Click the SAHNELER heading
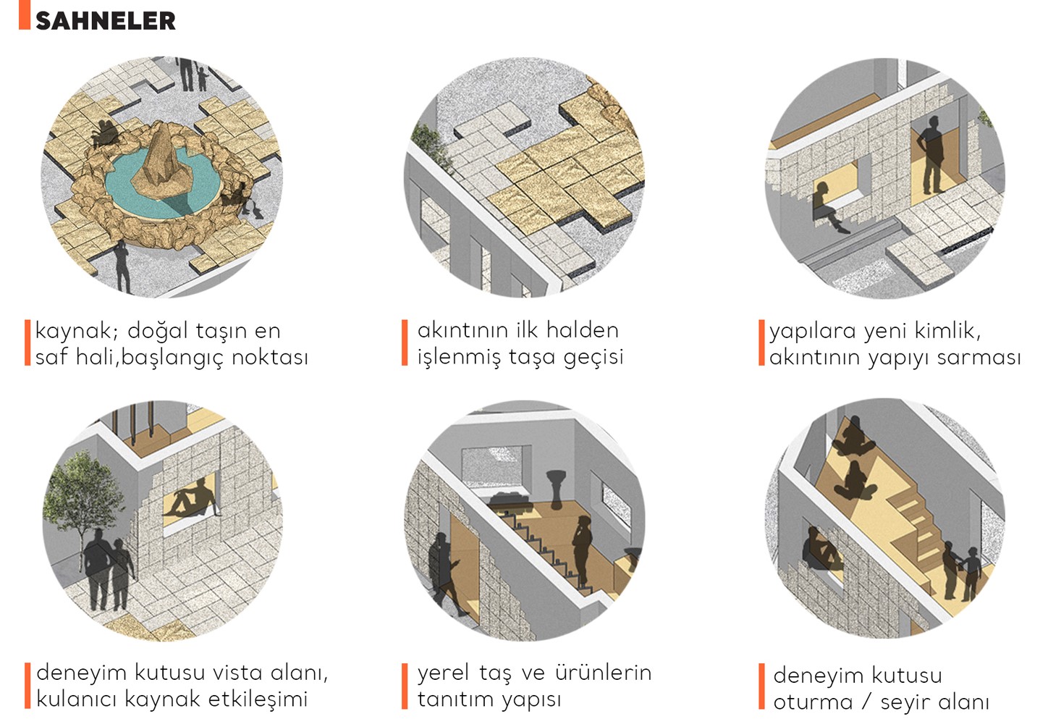(x=105, y=20)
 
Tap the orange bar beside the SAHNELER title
(x=25, y=14)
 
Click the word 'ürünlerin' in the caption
(x=603, y=673)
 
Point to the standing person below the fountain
(x=122, y=266)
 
